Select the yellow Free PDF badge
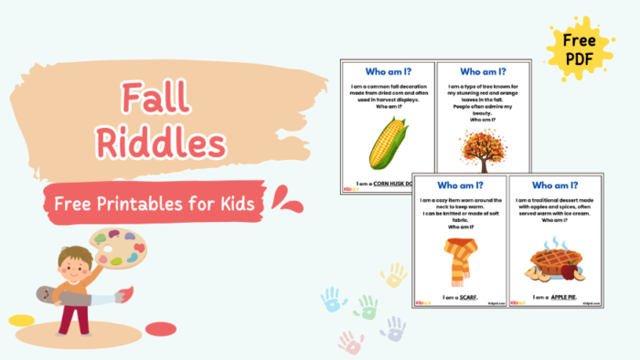[580, 48]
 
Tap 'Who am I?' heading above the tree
[481, 71]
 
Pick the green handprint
[366, 306]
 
